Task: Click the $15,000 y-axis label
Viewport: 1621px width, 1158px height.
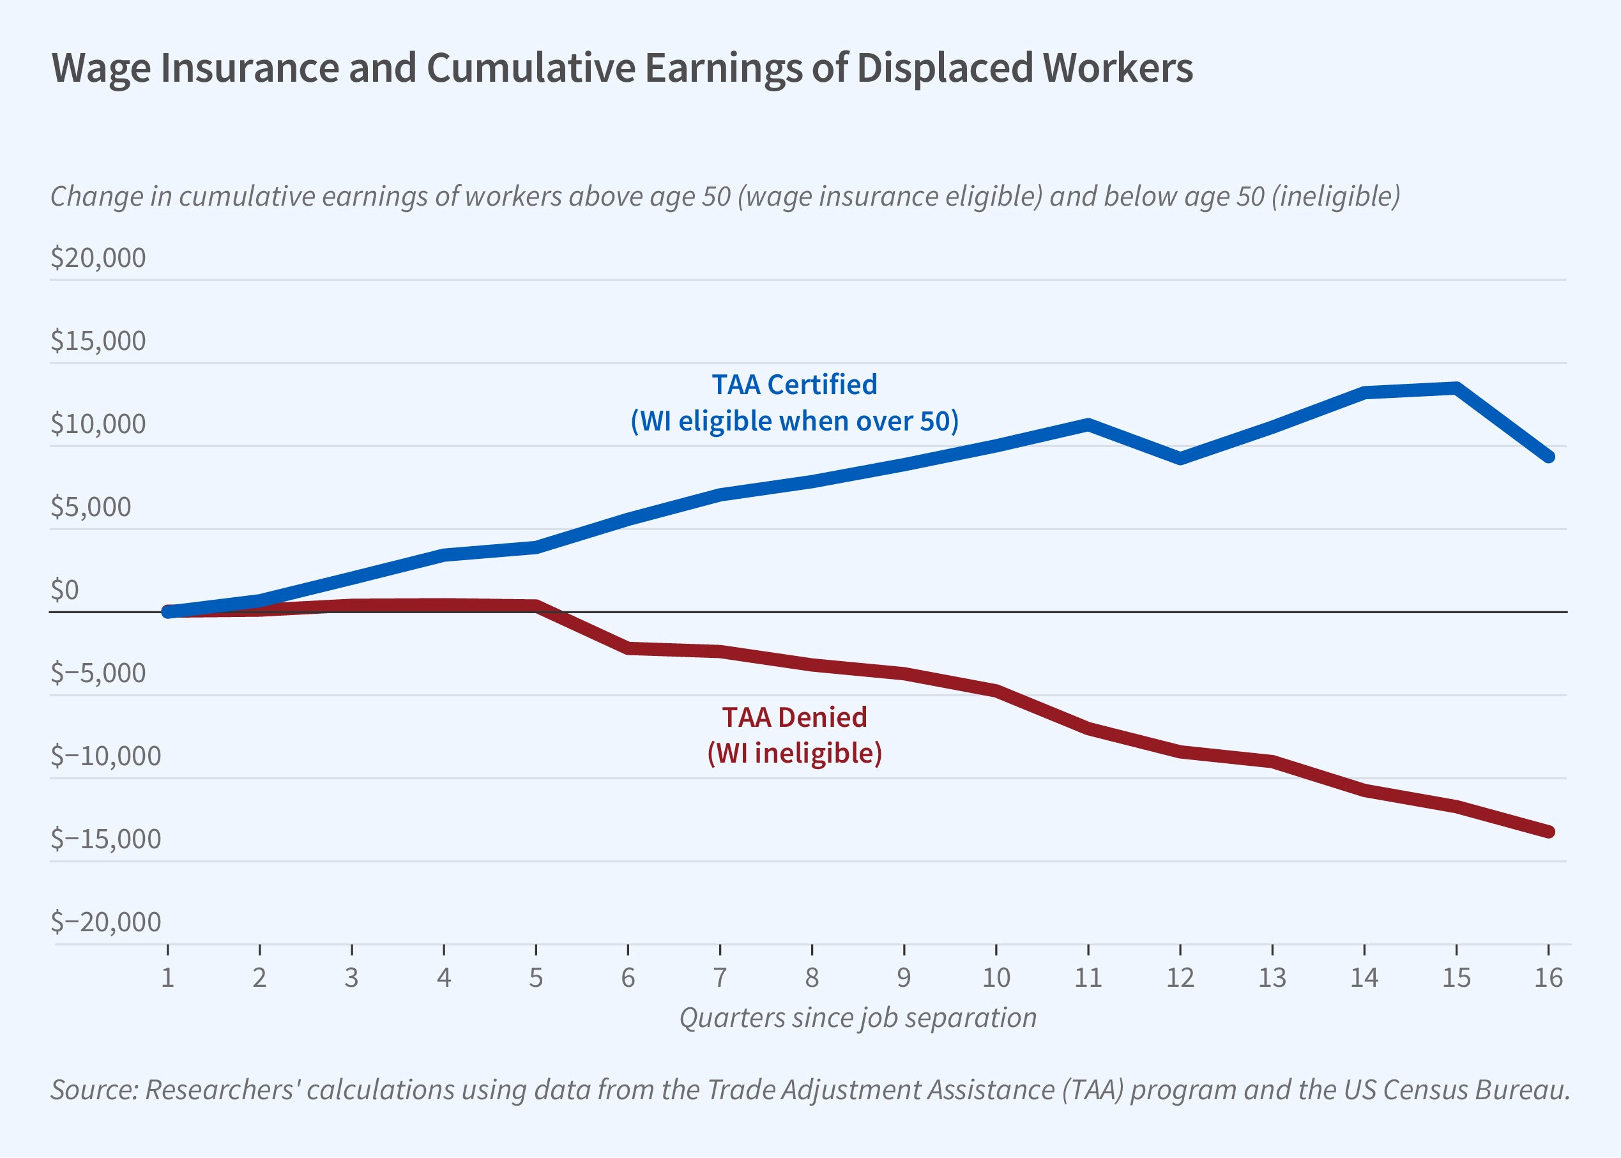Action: coord(98,341)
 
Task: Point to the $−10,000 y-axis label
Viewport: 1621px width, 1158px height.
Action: coord(105,755)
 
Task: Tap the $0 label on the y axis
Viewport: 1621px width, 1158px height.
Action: coord(64,590)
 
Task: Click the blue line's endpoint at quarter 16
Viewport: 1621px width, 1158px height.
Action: coord(1548,456)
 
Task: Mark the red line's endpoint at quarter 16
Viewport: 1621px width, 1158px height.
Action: coord(1548,832)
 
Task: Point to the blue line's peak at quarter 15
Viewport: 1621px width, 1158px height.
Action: coord(1456,388)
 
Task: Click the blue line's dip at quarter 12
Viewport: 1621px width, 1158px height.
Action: coord(1180,459)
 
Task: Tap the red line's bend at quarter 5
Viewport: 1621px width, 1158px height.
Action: coord(536,606)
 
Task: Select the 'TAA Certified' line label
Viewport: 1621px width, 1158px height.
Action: coord(794,385)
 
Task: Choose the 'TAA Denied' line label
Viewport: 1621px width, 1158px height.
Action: coord(794,717)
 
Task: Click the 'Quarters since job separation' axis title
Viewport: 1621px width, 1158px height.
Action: coord(858,1017)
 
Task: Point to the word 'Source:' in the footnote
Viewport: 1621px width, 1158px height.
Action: coord(93,1090)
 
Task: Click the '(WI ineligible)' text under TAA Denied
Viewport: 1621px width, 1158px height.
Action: coord(794,753)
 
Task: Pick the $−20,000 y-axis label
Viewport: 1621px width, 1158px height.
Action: coord(105,921)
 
